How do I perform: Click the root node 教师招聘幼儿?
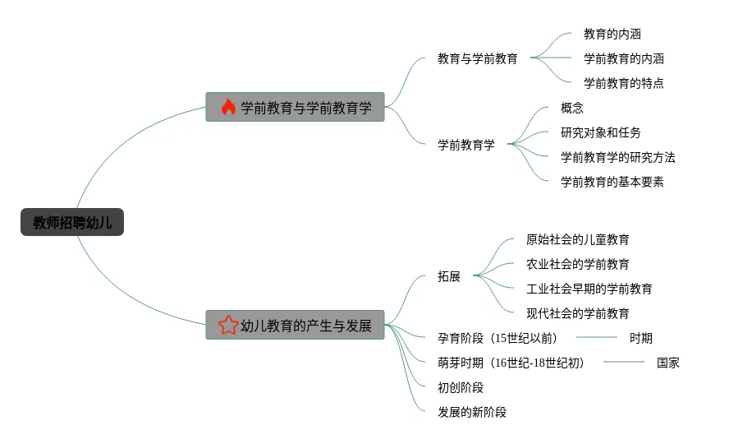(72, 222)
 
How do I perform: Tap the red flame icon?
(228, 107)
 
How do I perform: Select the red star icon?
(228, 326)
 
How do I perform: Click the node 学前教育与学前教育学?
(305, 108)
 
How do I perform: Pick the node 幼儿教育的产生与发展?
(305, 326)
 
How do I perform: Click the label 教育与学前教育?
(477, 58)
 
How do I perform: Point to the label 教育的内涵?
(612, 34)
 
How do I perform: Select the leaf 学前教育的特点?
(623, 83)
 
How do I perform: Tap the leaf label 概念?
(571, 108)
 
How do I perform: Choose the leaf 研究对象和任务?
(600, 132)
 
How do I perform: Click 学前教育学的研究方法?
(617, 157)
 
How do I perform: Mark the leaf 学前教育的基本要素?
(612, 182)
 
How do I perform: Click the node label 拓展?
(449, 276)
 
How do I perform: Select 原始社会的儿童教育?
(577, 239)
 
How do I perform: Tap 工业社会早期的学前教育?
(589, 289)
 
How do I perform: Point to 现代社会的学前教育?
(577, 313)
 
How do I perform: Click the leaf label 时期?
(640, 338)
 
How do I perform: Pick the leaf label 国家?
(667, 363)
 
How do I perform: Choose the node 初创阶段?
(461, 387)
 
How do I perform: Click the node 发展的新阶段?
(472, 412)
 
